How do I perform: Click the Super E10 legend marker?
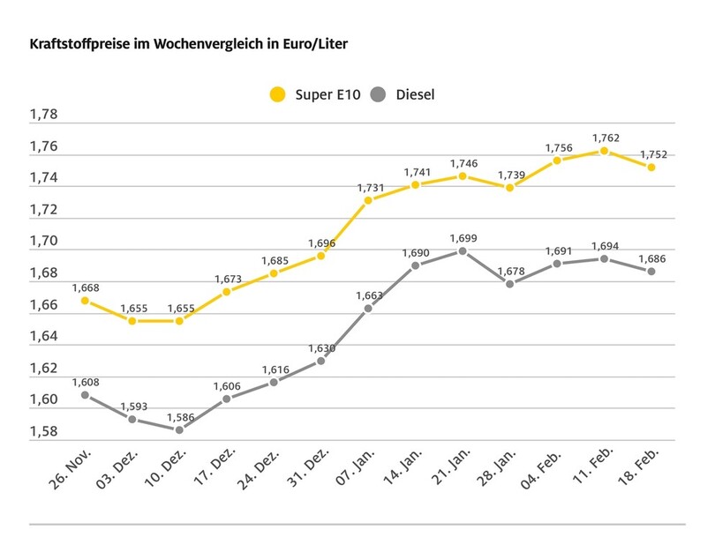click(x=278, y=94)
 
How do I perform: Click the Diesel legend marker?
click(x=380, y=94)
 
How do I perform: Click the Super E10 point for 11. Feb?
click(x=604, y=151)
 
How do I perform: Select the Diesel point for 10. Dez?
click(x=179, y=430)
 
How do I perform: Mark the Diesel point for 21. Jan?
click(x=463, y=250)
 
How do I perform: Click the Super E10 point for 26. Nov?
click(x=85, y=301)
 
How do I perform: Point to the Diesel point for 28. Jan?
click(x=510, y=284)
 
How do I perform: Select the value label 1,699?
click(x=463, y=237)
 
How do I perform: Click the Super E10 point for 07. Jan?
click(x=368, y=200)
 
